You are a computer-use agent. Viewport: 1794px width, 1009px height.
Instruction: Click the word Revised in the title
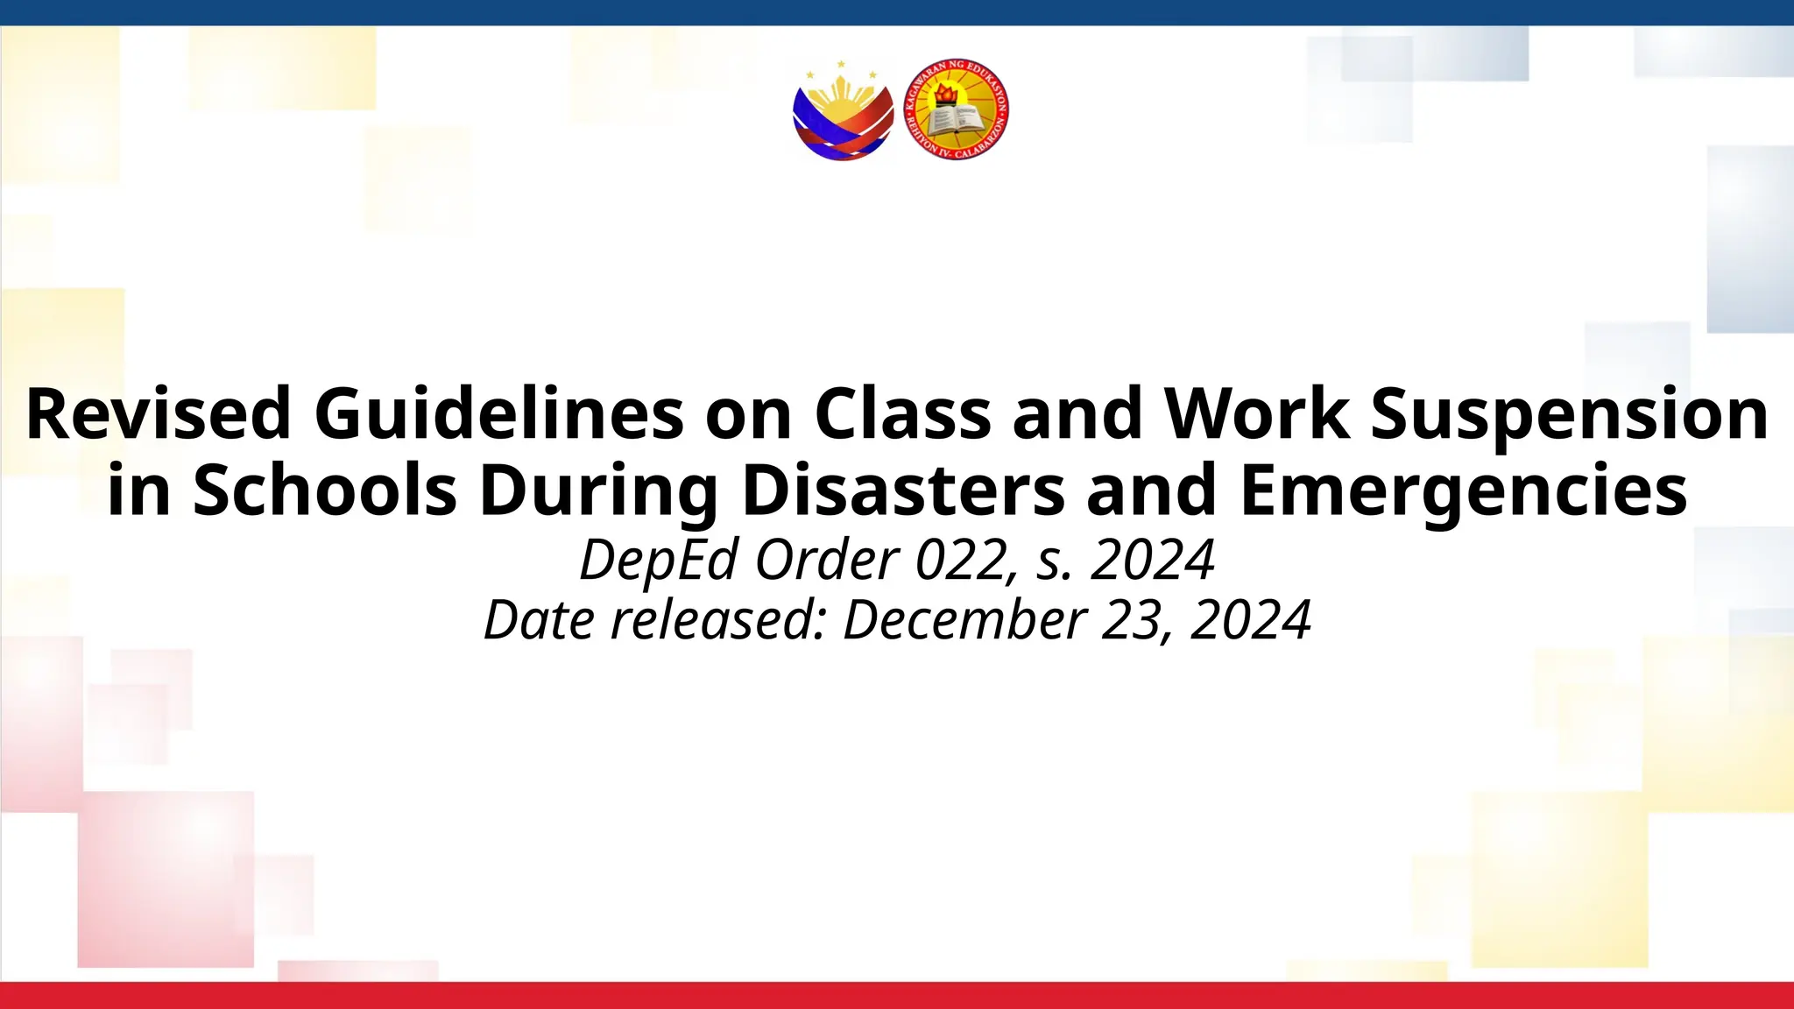click(159, 413)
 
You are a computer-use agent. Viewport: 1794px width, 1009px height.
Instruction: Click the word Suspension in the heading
click(1569, 413)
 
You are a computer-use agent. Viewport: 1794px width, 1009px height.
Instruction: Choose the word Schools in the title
click(325, 490)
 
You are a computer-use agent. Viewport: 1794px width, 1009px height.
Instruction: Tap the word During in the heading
click(599, 490)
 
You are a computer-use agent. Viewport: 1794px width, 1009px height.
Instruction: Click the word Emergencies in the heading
click(1463, 490)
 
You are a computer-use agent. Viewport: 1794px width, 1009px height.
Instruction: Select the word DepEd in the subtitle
click(659, 560)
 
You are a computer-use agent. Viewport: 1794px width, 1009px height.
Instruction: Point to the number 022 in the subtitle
click(960, 560)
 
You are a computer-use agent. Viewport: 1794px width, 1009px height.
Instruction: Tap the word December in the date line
click(964, 620)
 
